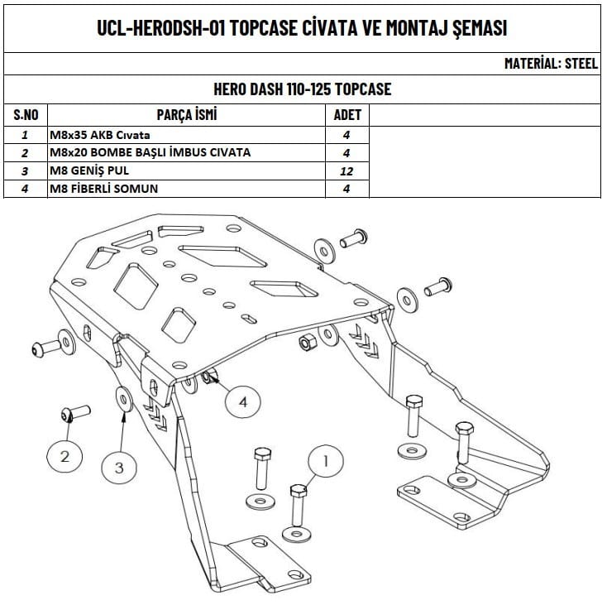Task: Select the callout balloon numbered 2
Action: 65,454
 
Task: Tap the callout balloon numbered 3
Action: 118,467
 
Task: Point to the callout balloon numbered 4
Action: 242,401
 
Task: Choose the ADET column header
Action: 347,114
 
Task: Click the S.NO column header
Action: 26,114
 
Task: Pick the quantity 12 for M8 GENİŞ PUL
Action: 347,170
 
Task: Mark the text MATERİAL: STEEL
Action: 551,63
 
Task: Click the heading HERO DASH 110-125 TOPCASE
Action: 303,89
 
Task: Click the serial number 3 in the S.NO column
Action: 26,170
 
